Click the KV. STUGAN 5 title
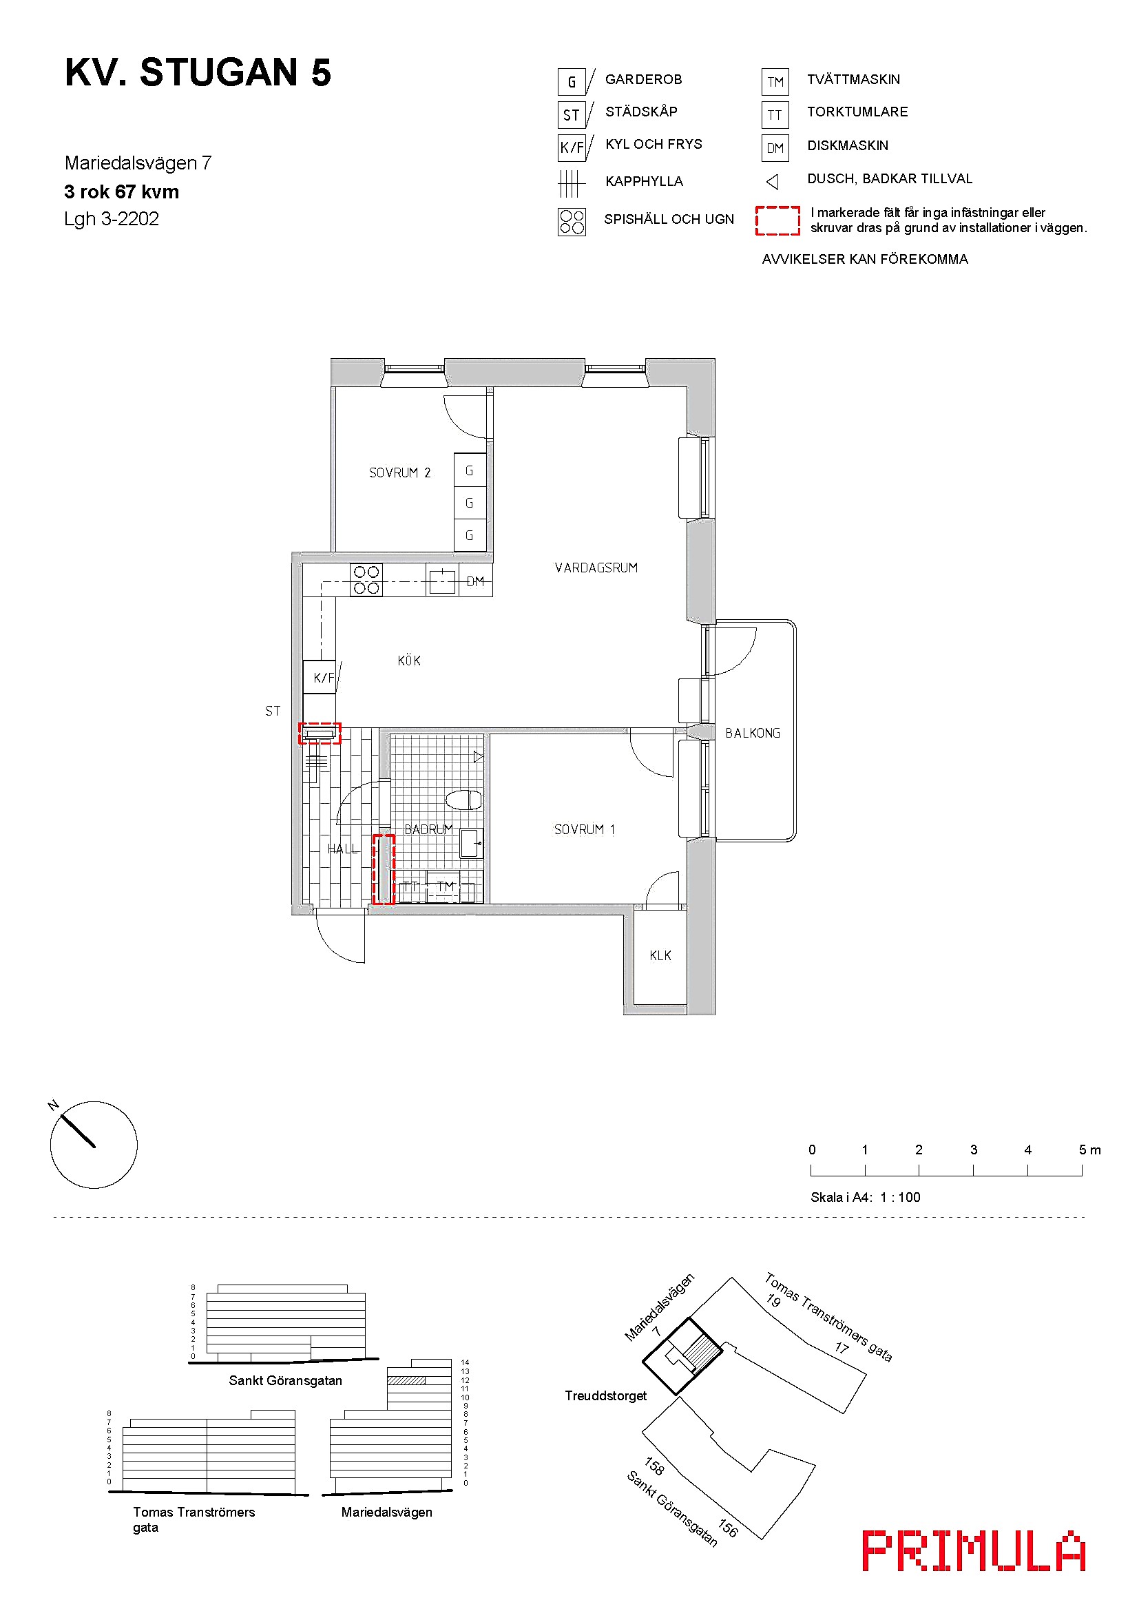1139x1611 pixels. tap(198, 72)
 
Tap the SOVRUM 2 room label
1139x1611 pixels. tap(400, 473)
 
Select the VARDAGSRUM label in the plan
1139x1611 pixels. tap(596, 568)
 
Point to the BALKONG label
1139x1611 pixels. tap(753, 734)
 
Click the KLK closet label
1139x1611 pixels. tap(660, 956)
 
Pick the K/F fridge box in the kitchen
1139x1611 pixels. tap(319, 677)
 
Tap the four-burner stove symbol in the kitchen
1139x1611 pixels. tap(366, 580)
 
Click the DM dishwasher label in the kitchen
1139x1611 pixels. tap(476, 581)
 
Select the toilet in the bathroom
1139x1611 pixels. tap(463, 800)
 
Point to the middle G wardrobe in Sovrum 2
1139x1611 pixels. tap(470, 503)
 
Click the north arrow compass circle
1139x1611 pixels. tap(94, 1145)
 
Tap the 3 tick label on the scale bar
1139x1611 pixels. tap(974, 1150)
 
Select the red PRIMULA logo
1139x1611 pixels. tap(974, 1550)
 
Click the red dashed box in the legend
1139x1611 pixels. tap(777, 220)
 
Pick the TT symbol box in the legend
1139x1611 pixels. tap(775, 114)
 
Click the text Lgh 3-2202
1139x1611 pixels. tap(112, 219)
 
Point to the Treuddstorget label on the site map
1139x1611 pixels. tap(606, 1395)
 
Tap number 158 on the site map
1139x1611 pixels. tap(654, 1466)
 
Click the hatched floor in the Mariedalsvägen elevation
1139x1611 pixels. tap(406, 1380)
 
